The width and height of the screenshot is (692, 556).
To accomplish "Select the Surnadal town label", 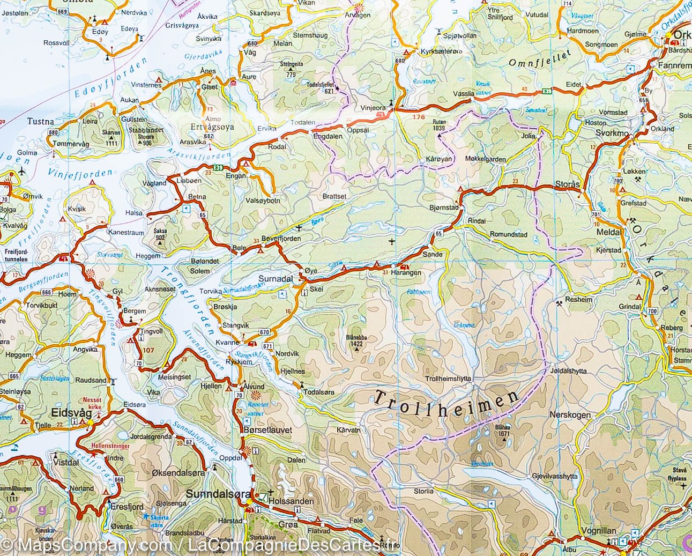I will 276,279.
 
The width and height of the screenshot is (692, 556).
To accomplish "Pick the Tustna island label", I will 41,121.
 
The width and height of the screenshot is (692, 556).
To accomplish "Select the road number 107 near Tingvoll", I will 147,351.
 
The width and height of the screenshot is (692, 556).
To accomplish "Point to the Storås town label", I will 568,185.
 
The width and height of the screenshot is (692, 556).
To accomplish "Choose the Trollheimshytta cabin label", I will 448,379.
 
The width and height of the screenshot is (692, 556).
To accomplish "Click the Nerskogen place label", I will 570,415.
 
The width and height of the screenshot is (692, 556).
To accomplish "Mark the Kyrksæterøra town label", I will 441,51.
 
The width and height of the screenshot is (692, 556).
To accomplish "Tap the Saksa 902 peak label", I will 160,234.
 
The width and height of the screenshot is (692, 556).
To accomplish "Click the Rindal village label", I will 477,221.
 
